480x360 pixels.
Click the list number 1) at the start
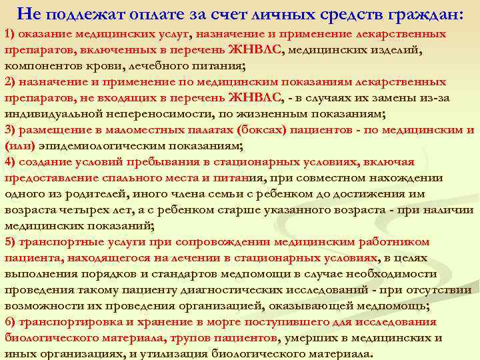coord(10,33)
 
